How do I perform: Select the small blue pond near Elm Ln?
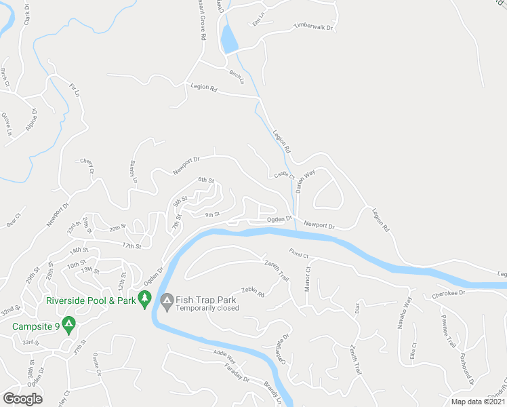tap(228, 39)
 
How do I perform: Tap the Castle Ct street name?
tap(284, 175)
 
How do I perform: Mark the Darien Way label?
tap(305, 182)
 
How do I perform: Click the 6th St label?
tap(205, 180)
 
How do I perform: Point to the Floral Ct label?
tap(298, 255)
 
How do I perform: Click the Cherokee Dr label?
tap(449, 295)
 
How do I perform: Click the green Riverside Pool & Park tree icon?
tap(144, 298)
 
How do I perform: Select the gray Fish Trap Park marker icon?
tap(166, 299)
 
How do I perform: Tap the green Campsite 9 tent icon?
tap(68, 326)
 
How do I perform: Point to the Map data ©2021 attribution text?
tap(477, 402)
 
